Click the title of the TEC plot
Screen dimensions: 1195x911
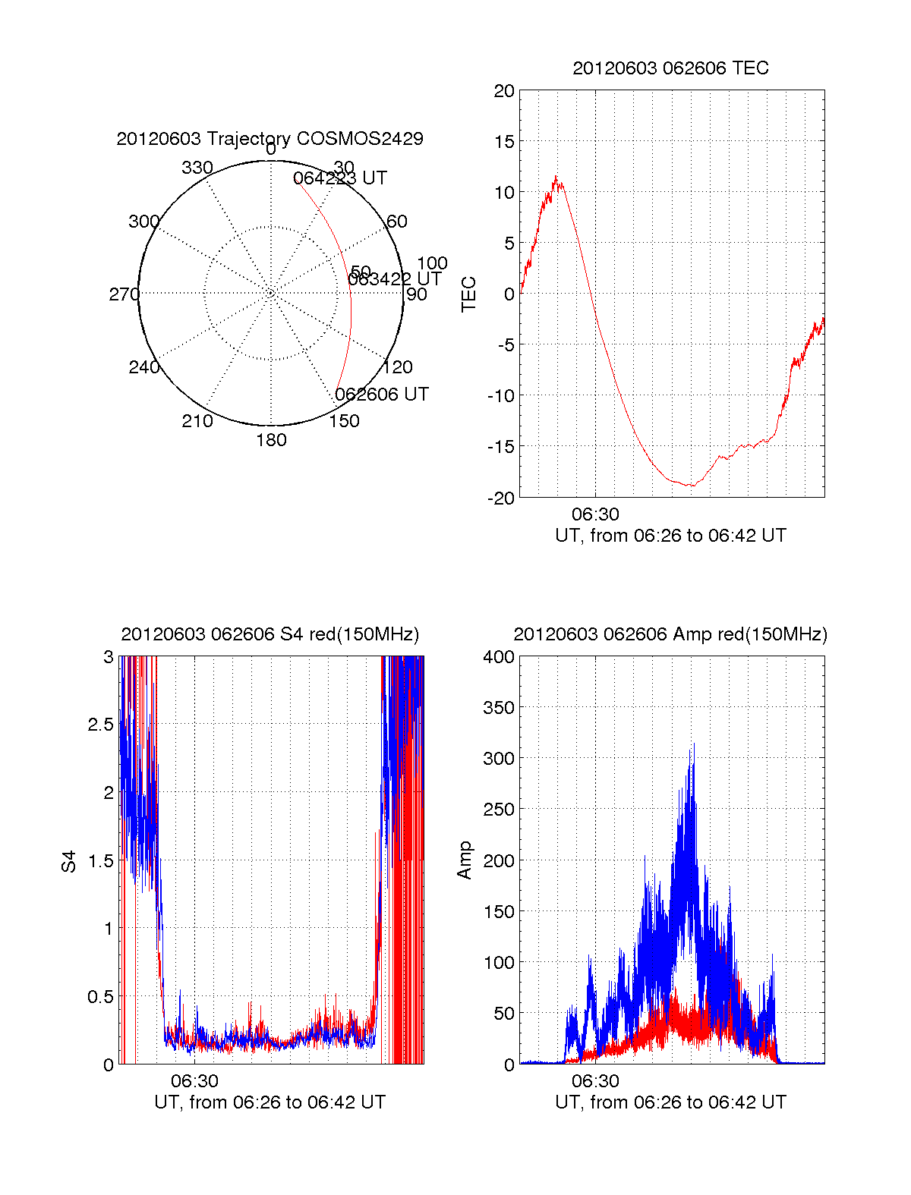click(x=670, y=68)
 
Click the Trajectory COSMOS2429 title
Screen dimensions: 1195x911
click(x=270, y=139)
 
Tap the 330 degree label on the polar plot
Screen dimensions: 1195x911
click(x=197, y=168)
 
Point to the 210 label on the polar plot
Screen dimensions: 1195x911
click(x=197, y=421)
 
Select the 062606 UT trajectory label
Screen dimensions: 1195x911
click(x=382, y=395)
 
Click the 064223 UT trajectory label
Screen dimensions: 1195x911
click(x=340, y=178)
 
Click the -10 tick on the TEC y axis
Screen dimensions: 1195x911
click(x=500, y=396)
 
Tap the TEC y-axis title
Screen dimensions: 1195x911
click(x=469, y=294)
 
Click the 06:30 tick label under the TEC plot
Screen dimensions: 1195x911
click(x=595, y=514)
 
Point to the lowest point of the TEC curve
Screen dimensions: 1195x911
click(x=690, y=485)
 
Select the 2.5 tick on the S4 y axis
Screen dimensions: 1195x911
click(x=101, y=725)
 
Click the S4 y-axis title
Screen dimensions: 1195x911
click(x=69, y=861)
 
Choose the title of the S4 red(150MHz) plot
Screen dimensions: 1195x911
click(x=270, y=634)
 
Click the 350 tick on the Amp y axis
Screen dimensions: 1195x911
click(x=499, y=708)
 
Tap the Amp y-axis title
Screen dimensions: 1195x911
click(x=465, y=860)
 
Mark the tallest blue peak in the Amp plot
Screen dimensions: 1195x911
click(x=692, y=744)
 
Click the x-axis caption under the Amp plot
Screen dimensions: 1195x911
click(x=670, y=1102)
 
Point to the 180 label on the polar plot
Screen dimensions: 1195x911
click(x=271, y=440)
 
